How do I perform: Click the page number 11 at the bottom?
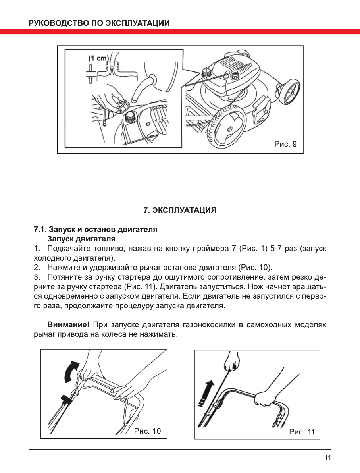[327, 458]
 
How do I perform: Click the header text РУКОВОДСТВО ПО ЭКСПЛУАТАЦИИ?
[99, 23]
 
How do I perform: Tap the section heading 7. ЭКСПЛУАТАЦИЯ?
[180, 210]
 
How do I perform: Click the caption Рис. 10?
[147, 431]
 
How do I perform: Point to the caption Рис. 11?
[302, 432]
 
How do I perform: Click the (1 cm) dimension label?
[98, 58]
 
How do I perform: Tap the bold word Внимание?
[68, 325]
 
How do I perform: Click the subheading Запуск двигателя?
[81, 239]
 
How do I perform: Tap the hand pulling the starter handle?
[231, 362]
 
